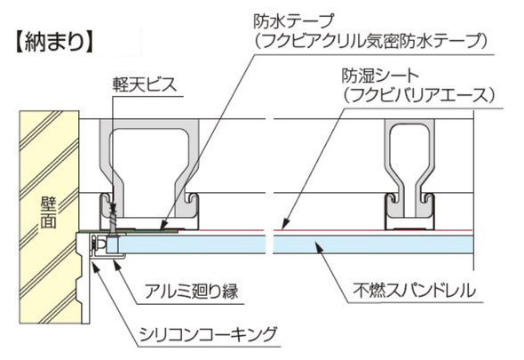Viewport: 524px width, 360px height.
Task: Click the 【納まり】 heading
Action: [54, 42]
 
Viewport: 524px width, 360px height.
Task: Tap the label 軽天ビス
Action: [145, 85]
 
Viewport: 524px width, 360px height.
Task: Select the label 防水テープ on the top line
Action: [293, 21]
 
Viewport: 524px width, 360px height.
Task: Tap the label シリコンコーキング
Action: [208, 334]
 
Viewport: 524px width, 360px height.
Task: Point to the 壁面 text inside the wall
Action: [48, 212]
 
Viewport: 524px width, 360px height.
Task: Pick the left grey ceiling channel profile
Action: [149, 174]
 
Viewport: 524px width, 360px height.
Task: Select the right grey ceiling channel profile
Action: [409, 174]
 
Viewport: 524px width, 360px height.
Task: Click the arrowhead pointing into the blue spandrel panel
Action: [320, 248]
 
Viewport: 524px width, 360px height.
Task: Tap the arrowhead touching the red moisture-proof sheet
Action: [284, 225]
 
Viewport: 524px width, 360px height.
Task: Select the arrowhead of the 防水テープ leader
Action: [163, 226]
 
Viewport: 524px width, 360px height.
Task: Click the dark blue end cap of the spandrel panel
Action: [113, 245]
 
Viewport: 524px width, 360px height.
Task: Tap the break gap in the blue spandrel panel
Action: [270, 244]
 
